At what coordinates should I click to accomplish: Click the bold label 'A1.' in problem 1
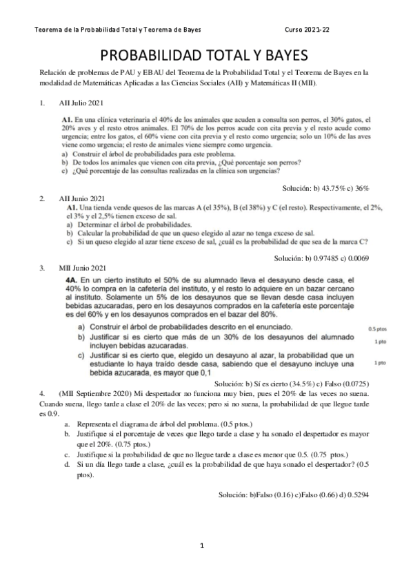pos(67,119)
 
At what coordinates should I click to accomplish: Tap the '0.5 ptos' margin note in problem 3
pos(378,329)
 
